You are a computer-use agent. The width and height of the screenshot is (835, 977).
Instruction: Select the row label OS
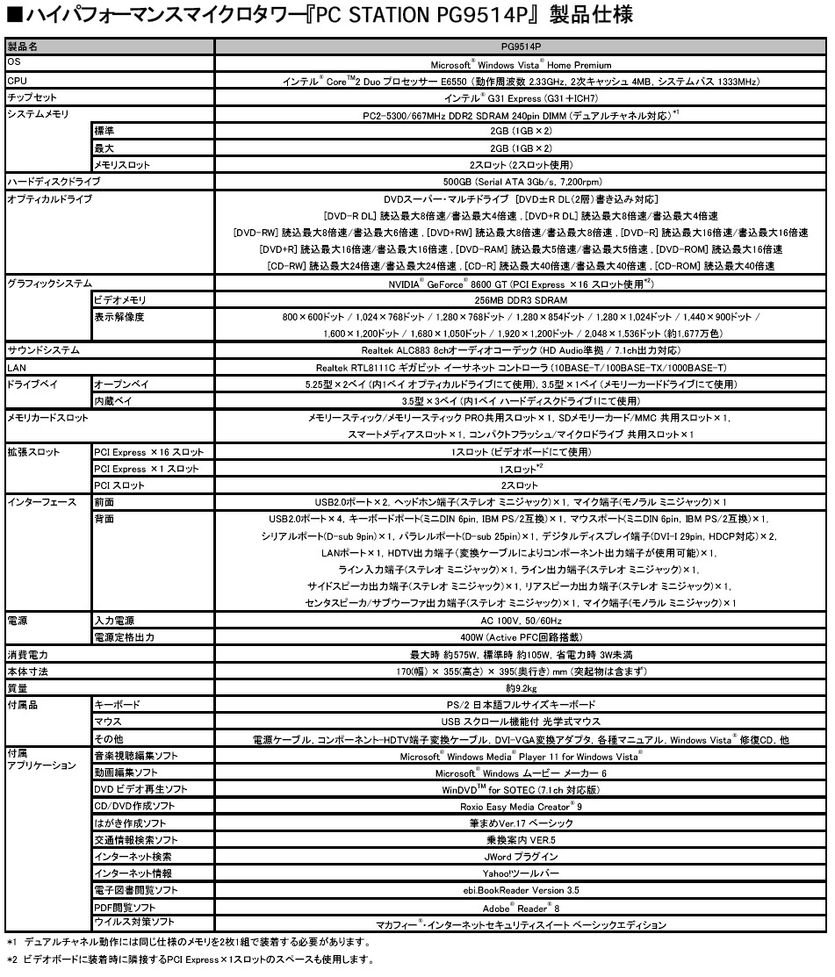[x=13, y=63]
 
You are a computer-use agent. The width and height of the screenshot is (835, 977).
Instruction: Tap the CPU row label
[x=17, y=81]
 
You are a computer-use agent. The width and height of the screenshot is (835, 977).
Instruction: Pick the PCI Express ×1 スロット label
[x=148, y=468]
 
